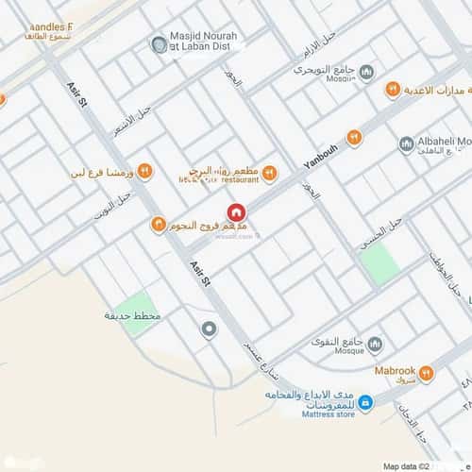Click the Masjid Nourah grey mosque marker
coord(159,44)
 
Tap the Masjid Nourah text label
coord(204,41)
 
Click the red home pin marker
coord(235,212)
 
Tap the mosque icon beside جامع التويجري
coord(366,73)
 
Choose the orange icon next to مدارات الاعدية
coord(393,90)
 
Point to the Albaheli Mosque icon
coord(406,143)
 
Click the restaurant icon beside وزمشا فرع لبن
coord(144,171)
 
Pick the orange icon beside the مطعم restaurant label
coord(269,172)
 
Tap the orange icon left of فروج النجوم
coord(158,225)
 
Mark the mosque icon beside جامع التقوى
coord(374,344)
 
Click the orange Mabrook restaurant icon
coord(426,375)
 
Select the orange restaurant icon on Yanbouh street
coord(354,138)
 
